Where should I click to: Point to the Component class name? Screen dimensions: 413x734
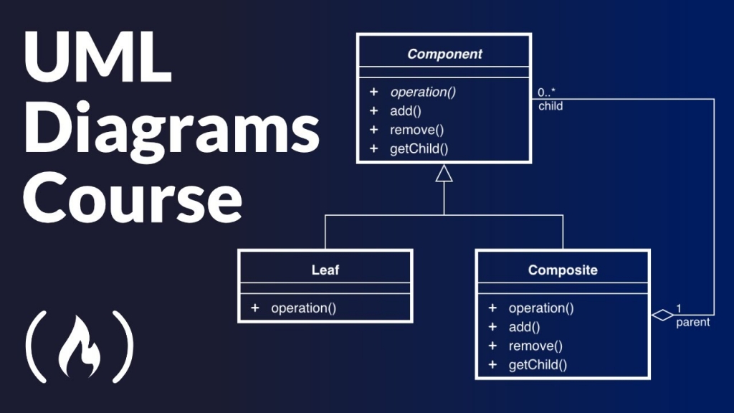[x=444, y=54]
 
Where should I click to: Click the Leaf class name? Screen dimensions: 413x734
[x=325, y=270]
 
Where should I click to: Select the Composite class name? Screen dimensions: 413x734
[x=563, y=270]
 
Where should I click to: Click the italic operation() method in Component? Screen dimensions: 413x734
[x=423, y=92]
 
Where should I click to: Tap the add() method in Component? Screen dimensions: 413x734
[x=406, y=111]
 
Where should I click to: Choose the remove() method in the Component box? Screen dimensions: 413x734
[x=417, y=130]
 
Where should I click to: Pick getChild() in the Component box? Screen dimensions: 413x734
[x=419, y=149]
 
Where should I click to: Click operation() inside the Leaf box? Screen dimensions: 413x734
[x=303, y=308]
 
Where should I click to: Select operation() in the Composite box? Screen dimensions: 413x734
[x=541, y=308]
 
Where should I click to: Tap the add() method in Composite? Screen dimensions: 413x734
[x=524, y=327]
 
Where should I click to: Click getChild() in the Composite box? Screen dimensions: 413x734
[x=538, y=365]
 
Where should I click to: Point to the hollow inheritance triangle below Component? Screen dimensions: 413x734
[x=444, y=174]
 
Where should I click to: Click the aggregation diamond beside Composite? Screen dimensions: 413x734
[x=663, y=314]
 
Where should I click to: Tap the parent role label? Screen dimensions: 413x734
[x=692, y=323]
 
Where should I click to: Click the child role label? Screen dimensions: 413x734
[x=550, y=106]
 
